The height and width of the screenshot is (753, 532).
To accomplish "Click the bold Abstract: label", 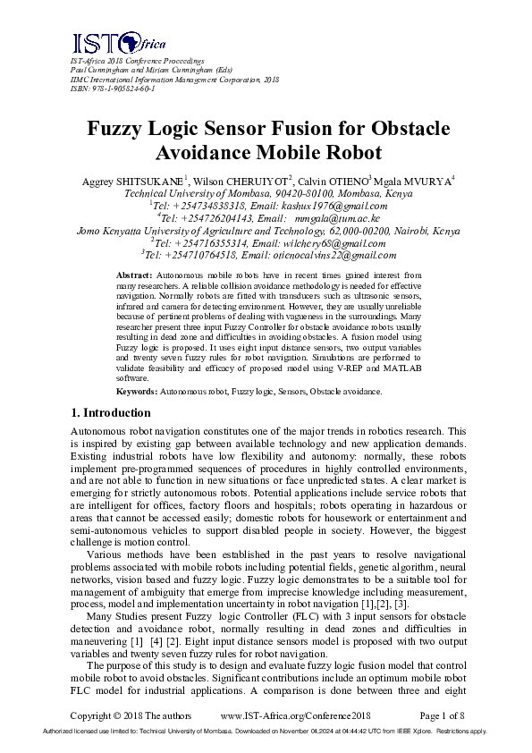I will tap(136, 274).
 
